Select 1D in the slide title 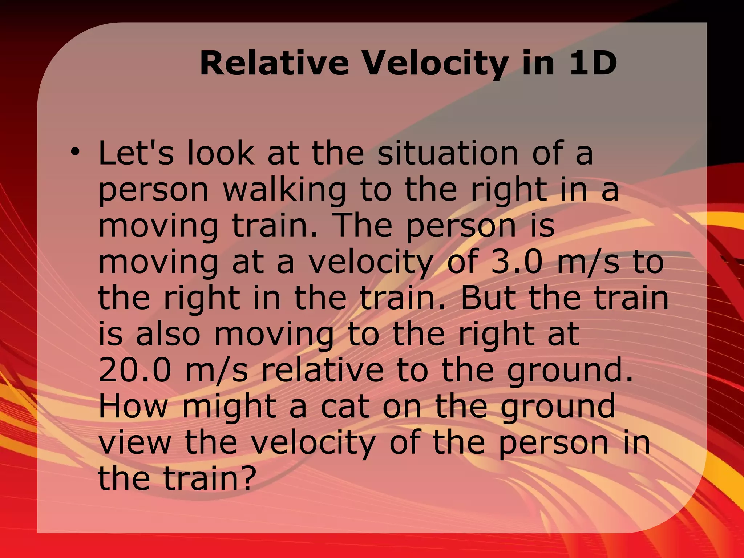pos(593,64)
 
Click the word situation pos(448,153)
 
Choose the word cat pos(345,407)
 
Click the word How pos(133,407)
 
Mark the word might pos(229,407)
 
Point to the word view pos(135,443)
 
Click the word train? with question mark pos(207,478)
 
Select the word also pos(168,334)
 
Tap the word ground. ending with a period pos(570,372)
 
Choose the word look pos(221,153)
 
